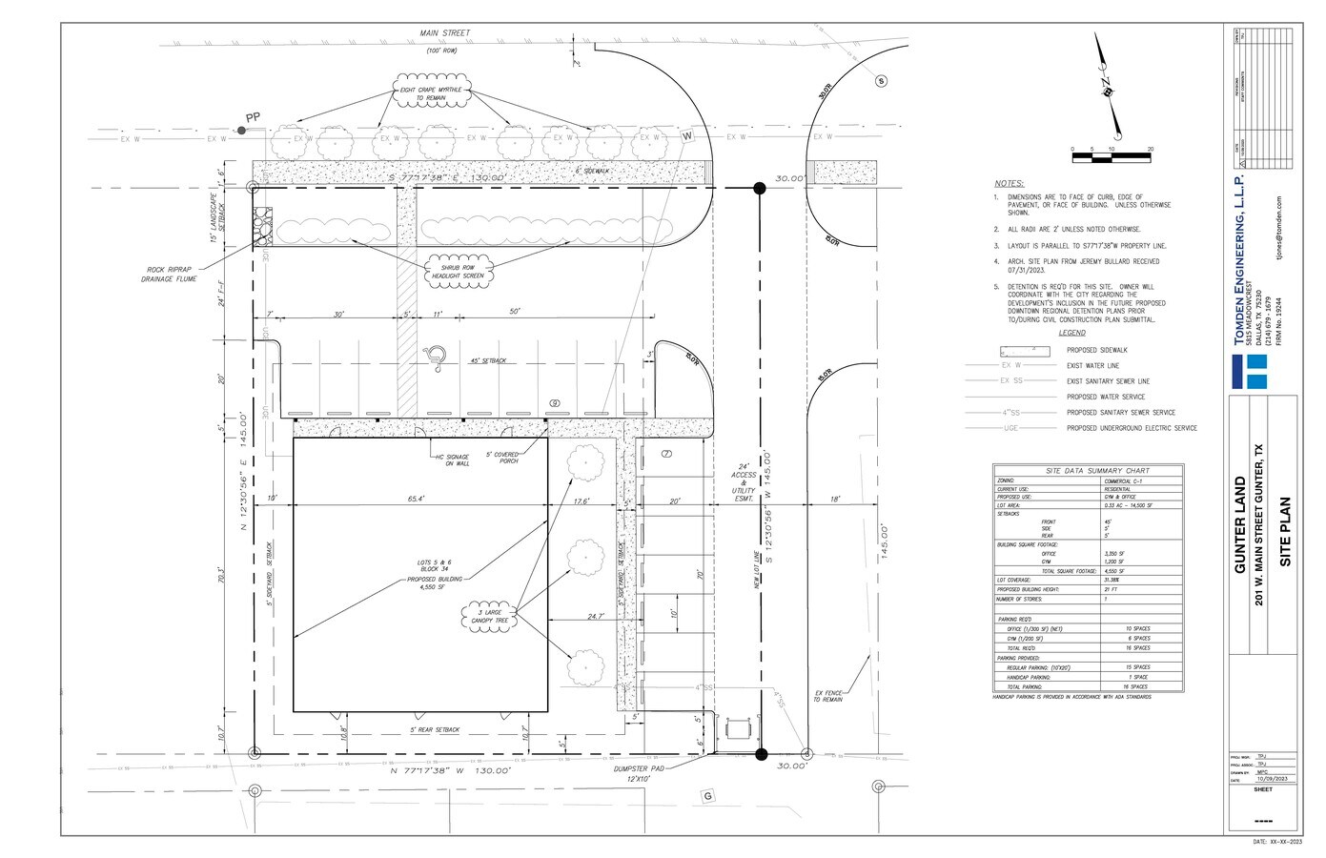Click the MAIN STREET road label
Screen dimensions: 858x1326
click(445, 33)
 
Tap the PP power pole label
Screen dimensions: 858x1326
click(253, 117)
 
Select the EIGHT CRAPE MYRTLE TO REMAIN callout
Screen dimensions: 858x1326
click(431, 93)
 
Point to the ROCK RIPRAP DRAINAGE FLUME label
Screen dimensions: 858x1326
click(173, 276)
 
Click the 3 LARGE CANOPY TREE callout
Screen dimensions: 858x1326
click(488, 615)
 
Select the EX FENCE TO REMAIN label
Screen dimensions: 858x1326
click(828, 696)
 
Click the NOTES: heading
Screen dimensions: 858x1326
click(1009, 183)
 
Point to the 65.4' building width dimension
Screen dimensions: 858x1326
click(416, 499)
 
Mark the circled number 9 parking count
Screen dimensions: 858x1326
click(554, 403)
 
